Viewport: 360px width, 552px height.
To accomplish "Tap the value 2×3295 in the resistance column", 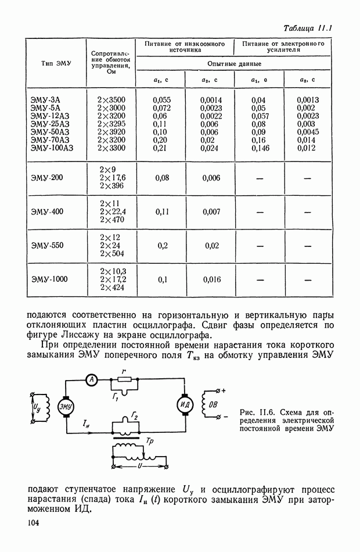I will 112,124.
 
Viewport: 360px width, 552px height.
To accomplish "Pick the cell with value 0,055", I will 161,100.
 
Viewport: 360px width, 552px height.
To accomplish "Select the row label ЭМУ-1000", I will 49,279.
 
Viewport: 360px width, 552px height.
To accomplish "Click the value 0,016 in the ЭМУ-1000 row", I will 211,279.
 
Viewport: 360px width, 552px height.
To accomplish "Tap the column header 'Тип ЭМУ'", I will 56,63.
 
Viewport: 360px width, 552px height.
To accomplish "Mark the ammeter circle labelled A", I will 91,379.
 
